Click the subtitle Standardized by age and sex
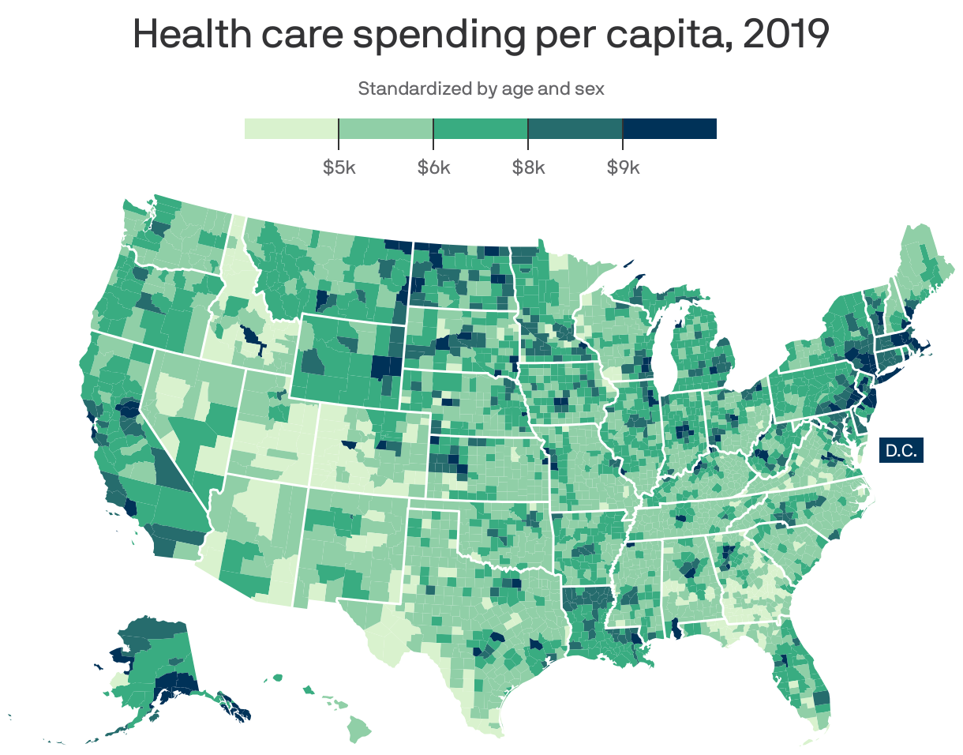coord(481,88)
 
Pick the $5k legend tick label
coord(339,168)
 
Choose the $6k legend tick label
coord(433,168)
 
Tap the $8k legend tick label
coord(528,168)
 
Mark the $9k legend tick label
coord(623,168)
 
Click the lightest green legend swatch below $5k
coord(291,129)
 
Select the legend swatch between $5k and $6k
coord(386,129)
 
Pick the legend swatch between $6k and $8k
coord(481,129)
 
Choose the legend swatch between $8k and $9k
coord(575,129)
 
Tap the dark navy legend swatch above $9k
coord(669,129)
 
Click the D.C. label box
coord(901,451)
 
